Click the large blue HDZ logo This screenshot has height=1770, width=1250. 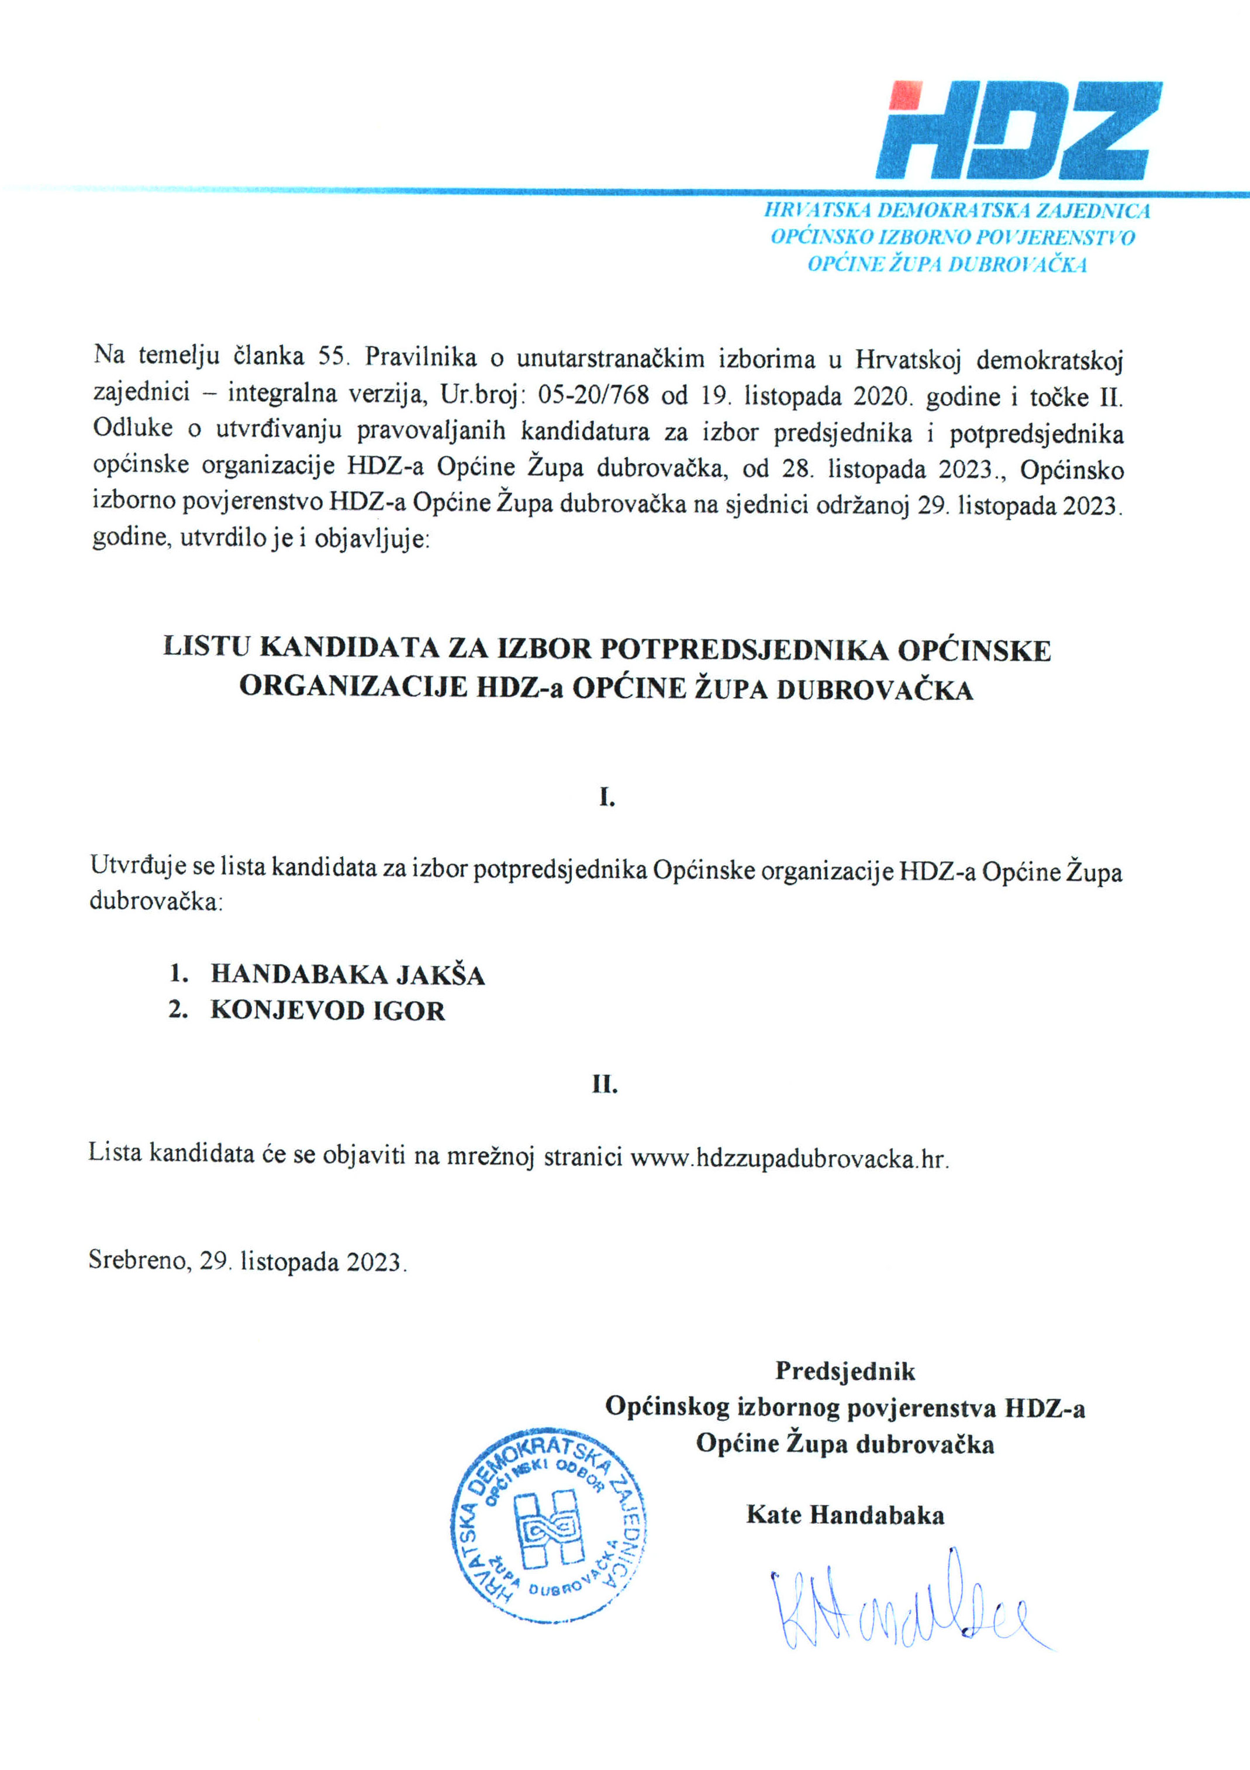click(1017, 131)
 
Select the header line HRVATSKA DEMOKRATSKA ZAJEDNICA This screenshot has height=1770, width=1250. click(957, 211)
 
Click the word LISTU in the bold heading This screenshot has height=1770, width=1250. click(206, 646)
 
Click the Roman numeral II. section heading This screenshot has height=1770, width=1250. click(606, 1085)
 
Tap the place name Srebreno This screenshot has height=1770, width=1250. click(138, 1260)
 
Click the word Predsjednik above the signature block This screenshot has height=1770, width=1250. click(845, 1371)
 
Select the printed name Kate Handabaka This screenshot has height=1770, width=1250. click(845, 1516)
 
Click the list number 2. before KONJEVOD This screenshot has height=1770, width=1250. click(179, 1010)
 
